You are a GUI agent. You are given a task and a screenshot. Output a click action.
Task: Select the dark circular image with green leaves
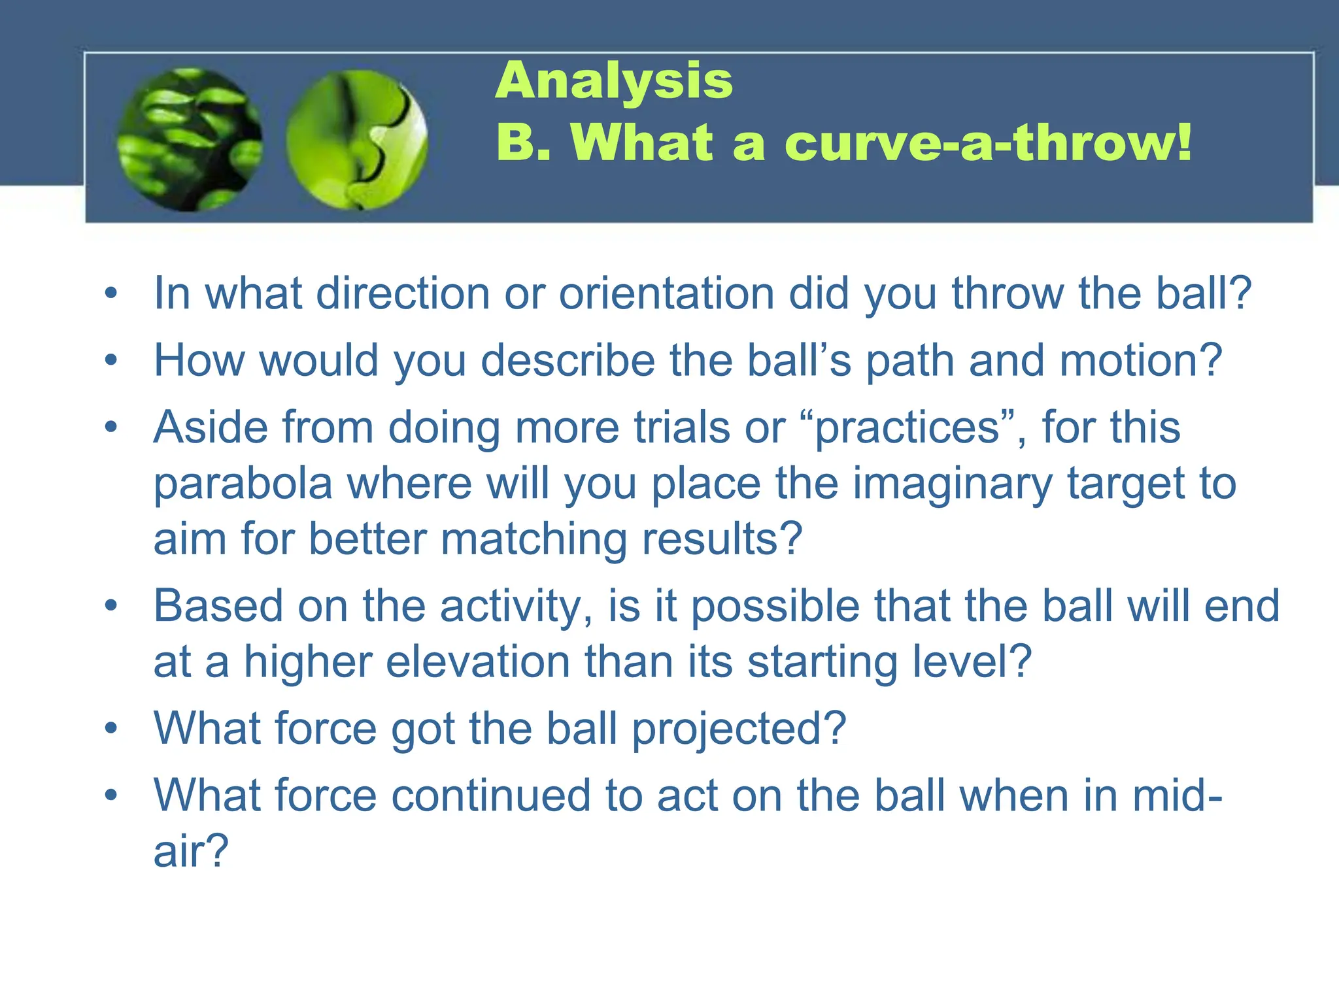(190, 140)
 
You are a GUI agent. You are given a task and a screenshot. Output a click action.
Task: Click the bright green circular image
(357, 140)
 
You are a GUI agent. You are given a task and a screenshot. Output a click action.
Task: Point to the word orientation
(666, 293)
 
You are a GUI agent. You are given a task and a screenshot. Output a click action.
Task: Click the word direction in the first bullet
(403, 293)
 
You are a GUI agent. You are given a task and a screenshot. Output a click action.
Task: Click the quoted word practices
(907, 428)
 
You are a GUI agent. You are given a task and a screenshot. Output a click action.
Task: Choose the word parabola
(243, 484)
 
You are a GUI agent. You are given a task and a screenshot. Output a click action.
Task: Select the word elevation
(478, 662)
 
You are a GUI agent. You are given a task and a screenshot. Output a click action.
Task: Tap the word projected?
(739, 729)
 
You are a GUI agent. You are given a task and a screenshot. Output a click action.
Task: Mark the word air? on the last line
(191, 852)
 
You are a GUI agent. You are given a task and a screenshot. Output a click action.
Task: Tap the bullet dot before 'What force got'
(111, 728)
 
